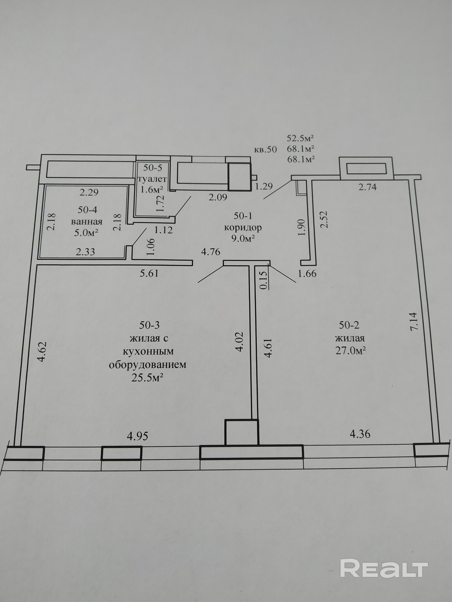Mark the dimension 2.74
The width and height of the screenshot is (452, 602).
click(367, 187)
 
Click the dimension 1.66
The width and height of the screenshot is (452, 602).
click(307, 273)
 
